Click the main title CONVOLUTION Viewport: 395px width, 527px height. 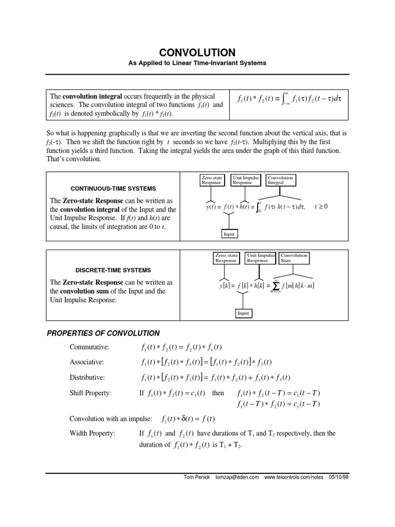197,52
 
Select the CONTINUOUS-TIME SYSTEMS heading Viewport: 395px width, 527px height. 113,188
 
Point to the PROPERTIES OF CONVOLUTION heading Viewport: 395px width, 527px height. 103,333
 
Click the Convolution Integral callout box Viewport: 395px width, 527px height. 280,180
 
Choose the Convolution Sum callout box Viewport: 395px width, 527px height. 294,258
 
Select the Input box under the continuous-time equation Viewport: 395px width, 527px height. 229,234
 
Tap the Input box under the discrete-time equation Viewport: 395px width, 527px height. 243,313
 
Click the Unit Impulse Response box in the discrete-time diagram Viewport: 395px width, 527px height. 261,258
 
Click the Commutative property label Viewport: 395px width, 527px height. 90,347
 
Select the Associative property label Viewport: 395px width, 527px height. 87,362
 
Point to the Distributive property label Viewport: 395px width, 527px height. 87,378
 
